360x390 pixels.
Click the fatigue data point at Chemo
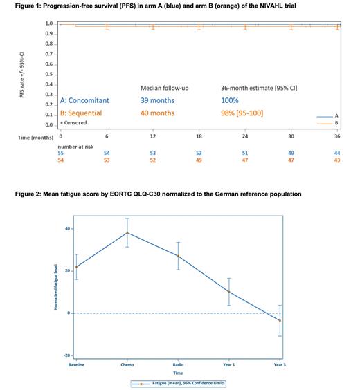coord(127,232)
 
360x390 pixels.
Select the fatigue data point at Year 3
coord(280,321)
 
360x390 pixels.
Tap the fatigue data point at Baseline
coord(76,267)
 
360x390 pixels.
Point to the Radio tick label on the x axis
coord(178,364)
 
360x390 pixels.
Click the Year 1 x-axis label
coord(229,364)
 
